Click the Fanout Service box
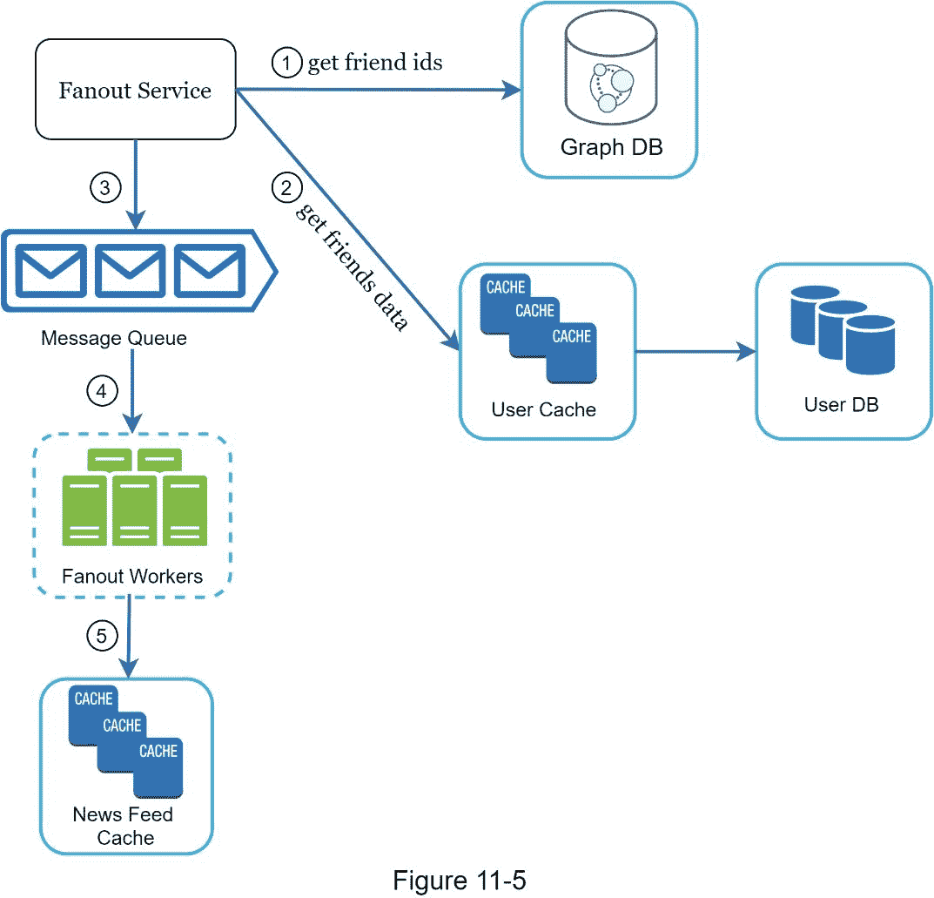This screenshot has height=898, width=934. click(x=135, y=90)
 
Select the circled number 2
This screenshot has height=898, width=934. click(x=286, y=186)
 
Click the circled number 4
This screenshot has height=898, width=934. click(x=102, y=392)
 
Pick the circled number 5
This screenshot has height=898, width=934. click(x=102, y=637)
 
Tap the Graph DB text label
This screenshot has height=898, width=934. click(x=611, y=146)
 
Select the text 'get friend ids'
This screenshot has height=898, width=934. click(x=374, y=63)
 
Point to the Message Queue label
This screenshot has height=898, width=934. click(x=113, y=338)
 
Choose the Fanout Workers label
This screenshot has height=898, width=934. click(x=132, y=576)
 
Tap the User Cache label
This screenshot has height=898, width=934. click(x=544, y=409)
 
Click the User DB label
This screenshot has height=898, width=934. click(x=842, y=404)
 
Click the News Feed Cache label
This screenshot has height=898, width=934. click(x=123, y=826)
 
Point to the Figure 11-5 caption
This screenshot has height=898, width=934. click(x=460, y=880)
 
